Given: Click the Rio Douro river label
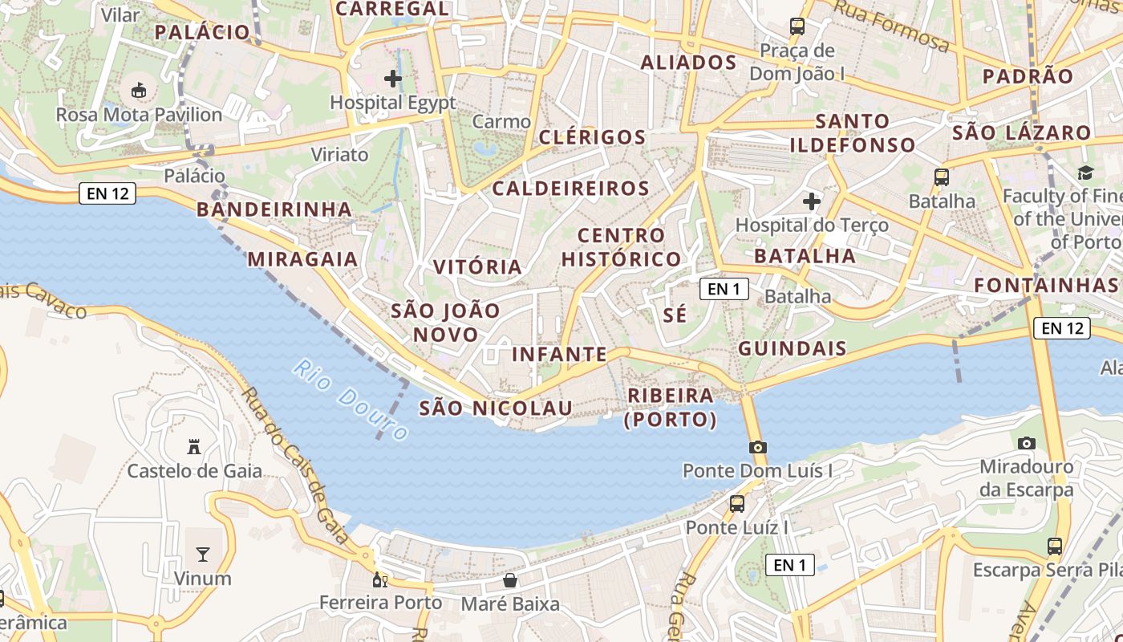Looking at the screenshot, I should [x=351, y=400].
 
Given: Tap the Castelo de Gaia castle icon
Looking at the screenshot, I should [x=193, y=446].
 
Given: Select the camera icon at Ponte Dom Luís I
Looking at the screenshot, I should [x=757, y=447].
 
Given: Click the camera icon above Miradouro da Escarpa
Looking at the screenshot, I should [x=1026, y=443].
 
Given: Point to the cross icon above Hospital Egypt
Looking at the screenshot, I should [x=392, y=79].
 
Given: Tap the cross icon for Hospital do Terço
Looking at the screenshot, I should [x=812, y=201].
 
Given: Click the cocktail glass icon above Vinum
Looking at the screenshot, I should [x=203, y=554].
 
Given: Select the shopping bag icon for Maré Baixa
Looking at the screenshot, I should [x=509, y=580].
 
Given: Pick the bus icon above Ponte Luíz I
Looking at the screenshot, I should [x=736, y=504].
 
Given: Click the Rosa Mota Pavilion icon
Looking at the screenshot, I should [x=139, y=90].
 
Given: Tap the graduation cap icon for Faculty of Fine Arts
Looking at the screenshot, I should [x=1085, y=172].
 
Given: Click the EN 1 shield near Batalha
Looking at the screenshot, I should [x=724, y=289].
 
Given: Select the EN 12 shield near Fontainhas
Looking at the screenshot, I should [x=1062, y=327].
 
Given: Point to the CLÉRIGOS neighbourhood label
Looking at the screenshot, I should [x=592, y=137].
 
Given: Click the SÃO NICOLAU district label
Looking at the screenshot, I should [x=496, y=408].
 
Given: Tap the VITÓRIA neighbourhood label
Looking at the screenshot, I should [x=477, y=267].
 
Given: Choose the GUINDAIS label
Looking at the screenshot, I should [x=792, y=348].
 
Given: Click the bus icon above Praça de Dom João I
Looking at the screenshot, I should [x=797, y=26].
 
